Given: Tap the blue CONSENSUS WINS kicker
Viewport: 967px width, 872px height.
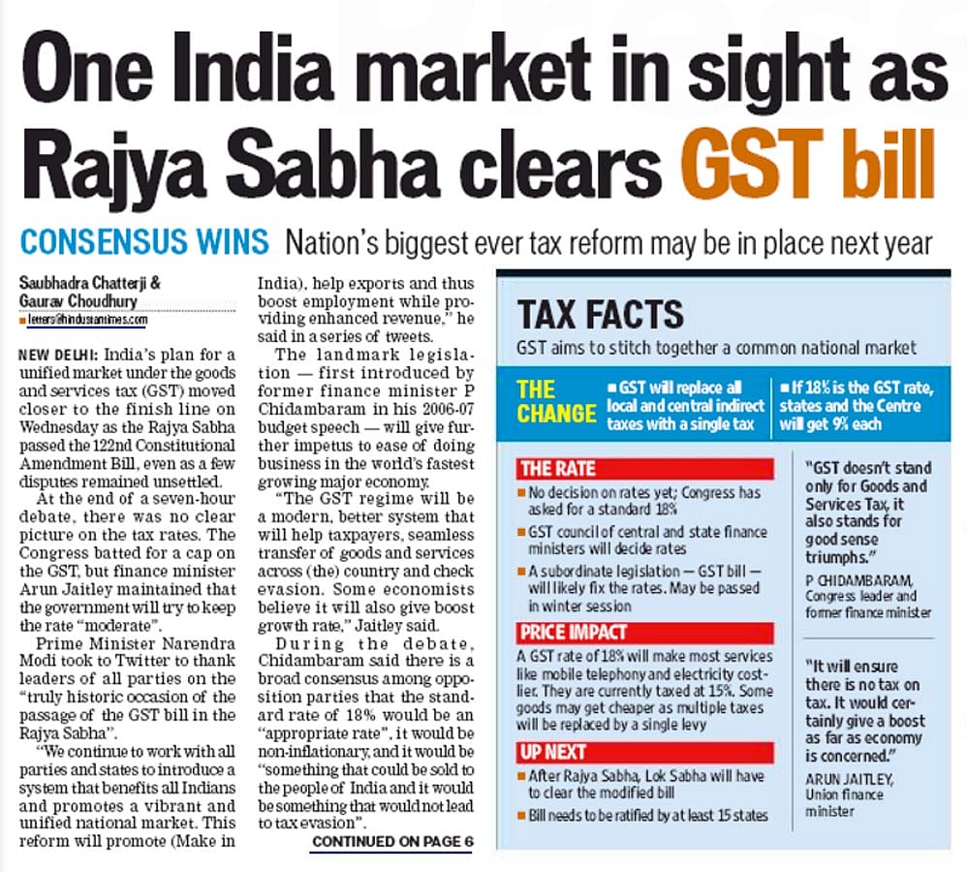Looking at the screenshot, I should coord(145,240).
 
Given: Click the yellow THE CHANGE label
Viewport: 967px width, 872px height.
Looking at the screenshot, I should coord(556,402).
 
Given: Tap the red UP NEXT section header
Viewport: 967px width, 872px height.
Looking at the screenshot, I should coord(553,751).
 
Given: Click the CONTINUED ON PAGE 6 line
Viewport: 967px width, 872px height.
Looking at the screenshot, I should coord(391,842).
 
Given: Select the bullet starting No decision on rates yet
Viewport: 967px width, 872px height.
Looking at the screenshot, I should coord(644,499).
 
